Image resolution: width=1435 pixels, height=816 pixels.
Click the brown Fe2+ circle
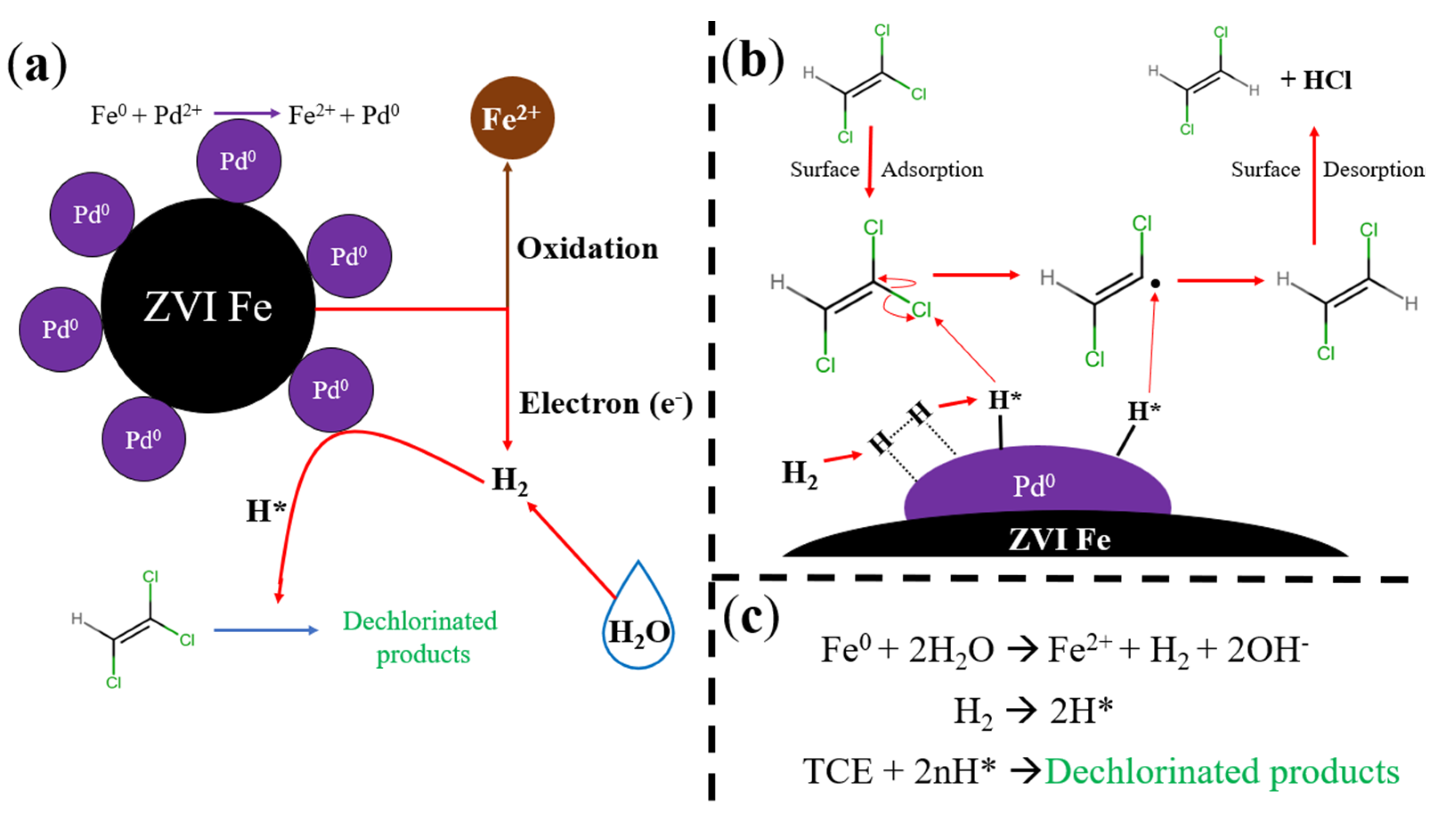512,118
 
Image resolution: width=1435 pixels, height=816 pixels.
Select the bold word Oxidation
587,248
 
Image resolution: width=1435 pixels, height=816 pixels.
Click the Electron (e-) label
605,404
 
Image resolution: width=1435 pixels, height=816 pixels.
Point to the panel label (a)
36,66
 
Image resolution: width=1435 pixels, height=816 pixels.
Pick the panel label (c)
751,617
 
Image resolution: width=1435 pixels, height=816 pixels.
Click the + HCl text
1316,80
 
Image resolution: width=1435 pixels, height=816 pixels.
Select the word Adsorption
932,169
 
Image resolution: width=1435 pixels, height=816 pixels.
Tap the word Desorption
1373,169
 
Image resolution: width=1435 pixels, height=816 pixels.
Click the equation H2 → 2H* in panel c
1033,711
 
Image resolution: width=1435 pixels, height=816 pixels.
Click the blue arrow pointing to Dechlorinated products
265,630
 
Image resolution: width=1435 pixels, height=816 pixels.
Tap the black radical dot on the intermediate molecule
1155,283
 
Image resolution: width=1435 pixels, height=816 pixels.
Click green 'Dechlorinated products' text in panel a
421,637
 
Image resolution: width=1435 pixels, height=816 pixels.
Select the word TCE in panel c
838,771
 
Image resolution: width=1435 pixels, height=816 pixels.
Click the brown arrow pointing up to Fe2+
508,235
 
